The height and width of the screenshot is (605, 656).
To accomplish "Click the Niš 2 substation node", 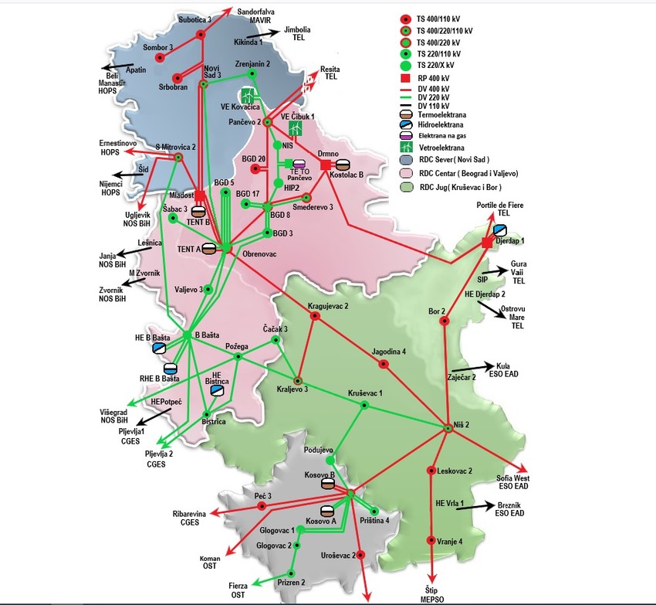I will pos(446,426).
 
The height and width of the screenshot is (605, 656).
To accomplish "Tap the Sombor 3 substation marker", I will pos(160,57).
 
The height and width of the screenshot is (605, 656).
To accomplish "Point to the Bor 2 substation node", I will pos(444,320).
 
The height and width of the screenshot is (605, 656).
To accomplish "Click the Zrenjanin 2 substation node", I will pos(252,74).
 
